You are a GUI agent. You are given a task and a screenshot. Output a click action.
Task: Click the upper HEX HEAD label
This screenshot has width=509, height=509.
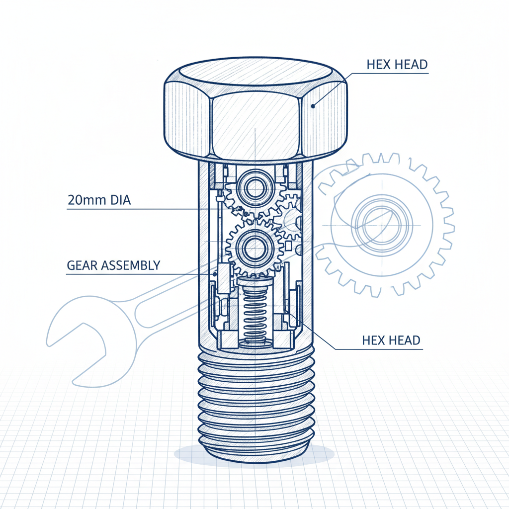[x=397, y=65]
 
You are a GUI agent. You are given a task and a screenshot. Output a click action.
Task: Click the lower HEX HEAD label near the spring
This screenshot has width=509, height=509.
[x=391, y=340]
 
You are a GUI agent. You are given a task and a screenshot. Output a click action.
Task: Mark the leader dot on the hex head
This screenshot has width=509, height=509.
[x=313, y=105]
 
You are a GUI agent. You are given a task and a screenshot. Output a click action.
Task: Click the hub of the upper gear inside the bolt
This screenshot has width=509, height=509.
[x=254, y=188]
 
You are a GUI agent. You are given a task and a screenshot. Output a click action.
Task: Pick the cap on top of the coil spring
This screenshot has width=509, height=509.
[x=255, y=284]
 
